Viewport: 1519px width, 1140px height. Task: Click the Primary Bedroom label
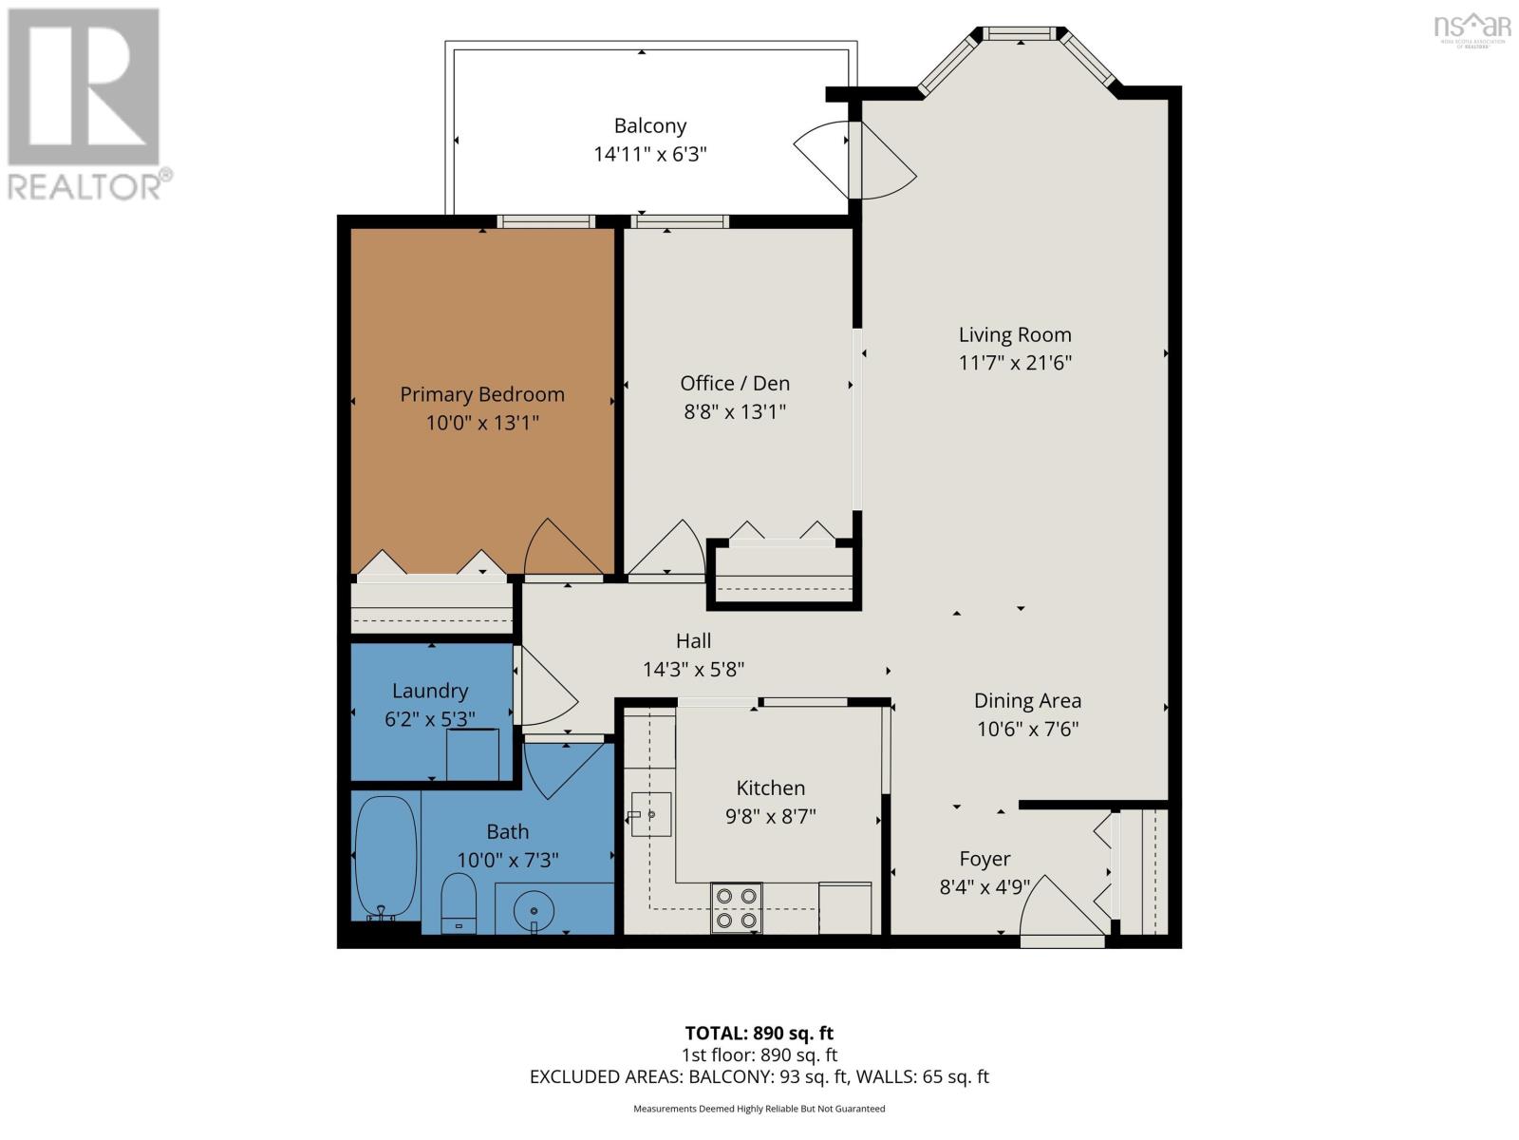pyautogui.click(x=481, y=394)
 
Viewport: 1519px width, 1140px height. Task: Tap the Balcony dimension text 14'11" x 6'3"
pyautogui.click(x=649, y=154)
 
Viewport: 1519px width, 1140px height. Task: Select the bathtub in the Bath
pyautogui.click(x=385, y=858)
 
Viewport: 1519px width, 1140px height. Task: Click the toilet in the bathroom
pyautogui.click(x=459, y=902)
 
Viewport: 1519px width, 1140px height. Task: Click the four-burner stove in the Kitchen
pyautogui.click(x=737, y=907)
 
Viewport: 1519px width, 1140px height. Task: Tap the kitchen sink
pyautogui.click(x=650, y=815)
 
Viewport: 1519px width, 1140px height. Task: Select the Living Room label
pyautogui.click(x=1015, y=335)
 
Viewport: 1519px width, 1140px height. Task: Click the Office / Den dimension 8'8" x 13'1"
pyautogui.click(x=735, y=412)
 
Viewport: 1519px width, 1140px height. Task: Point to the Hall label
pyautogui.click(x=693, y=641)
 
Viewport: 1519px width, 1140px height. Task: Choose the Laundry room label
pyautogui.click(x=430, y=691)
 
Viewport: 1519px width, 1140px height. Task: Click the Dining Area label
pyautogui.click(x=1027, y=700)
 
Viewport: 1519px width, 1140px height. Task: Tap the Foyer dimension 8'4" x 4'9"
pyautogui.click(x=985, y=886)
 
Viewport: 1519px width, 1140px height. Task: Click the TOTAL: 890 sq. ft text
pyautogui.click(x=759, y=1034)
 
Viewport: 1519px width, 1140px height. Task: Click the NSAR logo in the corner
pyautogui.click(x=1472, y=28)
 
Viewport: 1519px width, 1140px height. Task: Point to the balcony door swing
pyautogui.click(x=854, y=161)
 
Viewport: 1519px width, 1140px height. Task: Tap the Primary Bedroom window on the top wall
pyautogui.click(x=546, y=221)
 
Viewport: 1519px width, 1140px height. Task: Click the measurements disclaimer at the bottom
pyautogui.click(x=759, y=1109)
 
